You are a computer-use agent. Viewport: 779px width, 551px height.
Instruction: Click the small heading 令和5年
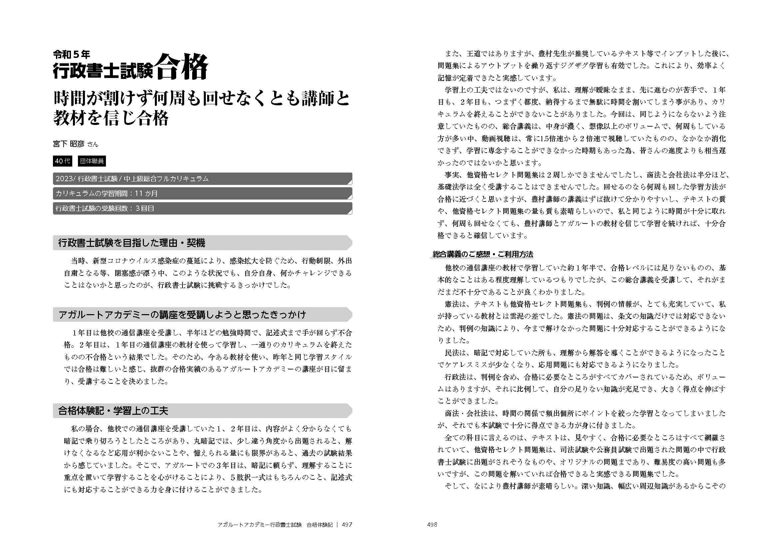[x=71, y=54]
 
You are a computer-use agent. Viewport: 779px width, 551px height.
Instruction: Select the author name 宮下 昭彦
[x=69, y=144]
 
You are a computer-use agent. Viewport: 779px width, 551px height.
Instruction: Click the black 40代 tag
[x=62, y=161]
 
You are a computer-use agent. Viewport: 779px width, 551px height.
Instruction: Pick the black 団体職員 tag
[x=92, y=161]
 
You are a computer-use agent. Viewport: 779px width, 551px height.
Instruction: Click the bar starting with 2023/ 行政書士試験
[x=202, y=179]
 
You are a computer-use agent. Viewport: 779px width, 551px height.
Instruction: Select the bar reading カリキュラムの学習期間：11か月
[x=202, y=194]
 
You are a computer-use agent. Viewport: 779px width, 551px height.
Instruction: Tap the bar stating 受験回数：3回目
[x=202, y=208]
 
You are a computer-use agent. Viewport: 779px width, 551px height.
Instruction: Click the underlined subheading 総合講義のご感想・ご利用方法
[x=483, y=254]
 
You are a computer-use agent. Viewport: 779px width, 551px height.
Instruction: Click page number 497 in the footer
[x=347, y=525]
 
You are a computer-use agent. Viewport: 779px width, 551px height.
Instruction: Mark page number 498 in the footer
[x=432, y=525]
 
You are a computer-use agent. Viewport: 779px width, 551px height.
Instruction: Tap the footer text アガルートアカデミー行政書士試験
[x=259, y=525]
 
